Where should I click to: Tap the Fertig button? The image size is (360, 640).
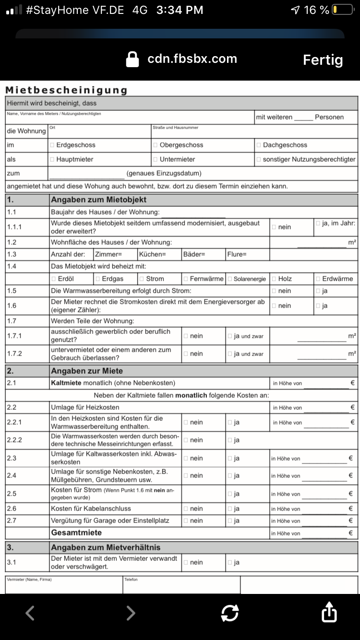(x=323, y=60)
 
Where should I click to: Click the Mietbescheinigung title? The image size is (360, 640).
(x=66, y=90)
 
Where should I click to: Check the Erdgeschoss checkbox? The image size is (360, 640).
(x=52, y=145)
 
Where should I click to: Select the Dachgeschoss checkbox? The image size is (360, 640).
(x=259, y=145)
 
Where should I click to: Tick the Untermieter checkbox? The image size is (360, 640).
(x=156, y=159)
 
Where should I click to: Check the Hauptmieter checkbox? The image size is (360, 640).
(x=52, y=159)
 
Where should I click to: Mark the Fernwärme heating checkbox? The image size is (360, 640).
(x=186, y=279)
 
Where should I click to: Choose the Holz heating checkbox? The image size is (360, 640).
(x=274, y=279)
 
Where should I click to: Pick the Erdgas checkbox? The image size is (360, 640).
(x=98, y=279)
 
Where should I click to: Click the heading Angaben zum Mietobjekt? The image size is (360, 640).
(x=98, y=200)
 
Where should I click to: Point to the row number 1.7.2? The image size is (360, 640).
(x=14, y=354)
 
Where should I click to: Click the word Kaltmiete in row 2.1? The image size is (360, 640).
(x=66, y=383)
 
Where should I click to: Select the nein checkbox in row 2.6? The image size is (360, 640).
(x=186, y=509)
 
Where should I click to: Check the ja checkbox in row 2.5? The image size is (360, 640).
(x=230, y=494)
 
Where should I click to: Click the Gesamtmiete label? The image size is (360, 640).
(x=76, y=533)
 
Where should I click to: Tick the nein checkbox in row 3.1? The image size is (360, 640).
(x=186, y=562)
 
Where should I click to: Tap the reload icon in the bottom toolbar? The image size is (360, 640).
(x=230, y=613)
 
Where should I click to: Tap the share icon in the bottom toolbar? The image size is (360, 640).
(x=329, y=613)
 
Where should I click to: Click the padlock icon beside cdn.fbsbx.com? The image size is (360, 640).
(x=132, y=59)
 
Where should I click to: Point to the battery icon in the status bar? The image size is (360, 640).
(x=343, y=10)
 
